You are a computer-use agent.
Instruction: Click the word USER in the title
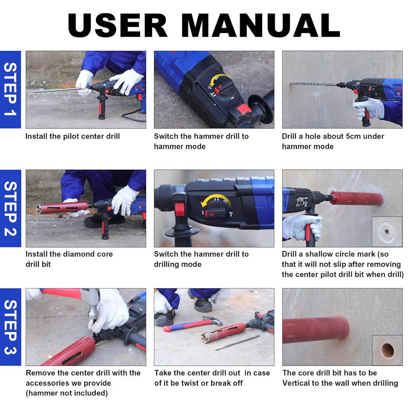click(118, 25)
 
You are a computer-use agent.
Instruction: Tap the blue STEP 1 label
click(10, 89)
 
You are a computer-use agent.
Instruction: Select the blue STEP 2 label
click(10, 208)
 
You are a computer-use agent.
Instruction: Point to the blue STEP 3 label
click(10, 327)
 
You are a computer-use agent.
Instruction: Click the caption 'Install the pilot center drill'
click(73, 136)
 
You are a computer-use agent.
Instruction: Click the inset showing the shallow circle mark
click(387, 232)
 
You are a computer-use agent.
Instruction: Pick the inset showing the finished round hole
click(387, 350)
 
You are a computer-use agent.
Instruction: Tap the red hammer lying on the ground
click(193, 324)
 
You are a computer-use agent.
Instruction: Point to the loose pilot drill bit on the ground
click(238, 343)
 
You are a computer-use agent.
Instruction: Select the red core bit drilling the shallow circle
click(356, 198)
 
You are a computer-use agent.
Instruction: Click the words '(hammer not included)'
click(67, 393)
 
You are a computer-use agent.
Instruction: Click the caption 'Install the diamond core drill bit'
click(69, 259)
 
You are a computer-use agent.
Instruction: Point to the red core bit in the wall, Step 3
click(315, 330)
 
